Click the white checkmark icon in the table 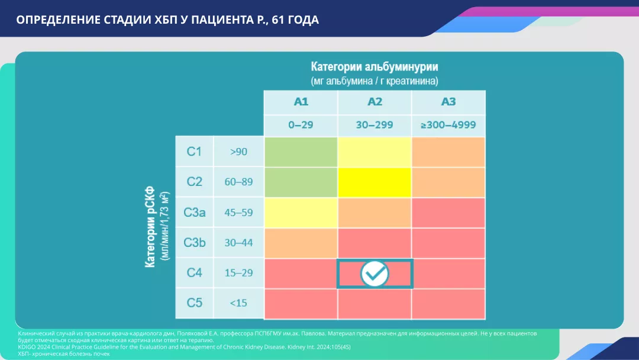click(375, 274)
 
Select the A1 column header click(301, 102)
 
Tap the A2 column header click(375, 102)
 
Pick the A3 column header click(448, 102)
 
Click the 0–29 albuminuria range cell click(301, 126)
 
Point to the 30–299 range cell click(375, 126)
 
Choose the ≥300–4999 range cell click(448, 126)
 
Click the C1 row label click(195, 152)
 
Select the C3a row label click(195, 213)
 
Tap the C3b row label click(195, 242)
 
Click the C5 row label click(195, 303)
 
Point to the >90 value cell click(238, 152)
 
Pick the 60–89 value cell click(238, 182)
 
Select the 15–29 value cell click(238, 273)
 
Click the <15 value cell click(238, 303)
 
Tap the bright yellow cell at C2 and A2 click(375, 182)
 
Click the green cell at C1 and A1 click(301, 152)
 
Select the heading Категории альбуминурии click(375, 66)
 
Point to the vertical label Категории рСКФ click(151, 228)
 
